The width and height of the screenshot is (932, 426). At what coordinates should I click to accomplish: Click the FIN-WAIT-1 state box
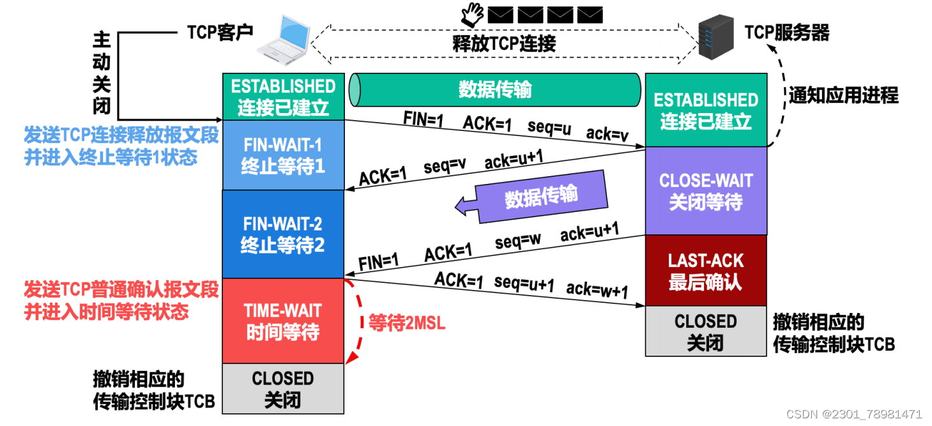283,155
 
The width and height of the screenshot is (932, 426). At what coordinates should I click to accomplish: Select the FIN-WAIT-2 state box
283,234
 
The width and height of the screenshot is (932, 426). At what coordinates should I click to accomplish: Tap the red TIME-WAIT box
283,321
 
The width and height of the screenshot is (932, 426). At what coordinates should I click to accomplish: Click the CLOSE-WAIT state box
706,191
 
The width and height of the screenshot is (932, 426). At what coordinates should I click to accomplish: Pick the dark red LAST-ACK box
706,270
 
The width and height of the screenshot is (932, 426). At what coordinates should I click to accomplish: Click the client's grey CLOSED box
283,390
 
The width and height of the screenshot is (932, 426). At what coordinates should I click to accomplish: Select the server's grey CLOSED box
706,331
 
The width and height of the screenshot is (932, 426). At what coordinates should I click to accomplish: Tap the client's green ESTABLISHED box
283,96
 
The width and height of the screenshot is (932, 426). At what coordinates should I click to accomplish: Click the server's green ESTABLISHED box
706,110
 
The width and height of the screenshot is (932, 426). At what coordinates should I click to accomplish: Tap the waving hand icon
472,12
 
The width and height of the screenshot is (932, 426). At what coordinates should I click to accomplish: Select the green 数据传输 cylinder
495,89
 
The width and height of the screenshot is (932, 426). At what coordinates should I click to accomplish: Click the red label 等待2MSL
406,323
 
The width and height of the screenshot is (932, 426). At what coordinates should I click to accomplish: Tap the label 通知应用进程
843,96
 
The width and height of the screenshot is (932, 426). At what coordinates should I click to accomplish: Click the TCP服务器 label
786,33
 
